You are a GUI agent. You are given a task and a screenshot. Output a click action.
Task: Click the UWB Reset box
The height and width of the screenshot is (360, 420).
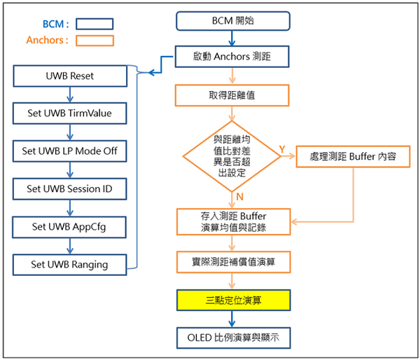coord(69,74)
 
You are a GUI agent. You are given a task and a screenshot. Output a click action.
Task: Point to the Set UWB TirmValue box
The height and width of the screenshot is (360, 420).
coord(69,112)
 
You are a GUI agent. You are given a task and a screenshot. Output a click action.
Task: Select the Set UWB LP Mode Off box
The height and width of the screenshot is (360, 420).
coord(69,151)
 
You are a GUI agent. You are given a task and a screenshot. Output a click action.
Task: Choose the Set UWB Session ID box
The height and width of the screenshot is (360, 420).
coord(69,188)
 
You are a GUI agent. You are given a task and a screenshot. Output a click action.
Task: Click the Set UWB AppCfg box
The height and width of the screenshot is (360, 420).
coord(69,227)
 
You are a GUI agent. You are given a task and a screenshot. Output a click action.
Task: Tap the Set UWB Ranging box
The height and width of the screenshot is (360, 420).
coord(69,265)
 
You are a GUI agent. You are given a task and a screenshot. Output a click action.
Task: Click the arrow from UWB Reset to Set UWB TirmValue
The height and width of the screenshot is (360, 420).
coord(69,93)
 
